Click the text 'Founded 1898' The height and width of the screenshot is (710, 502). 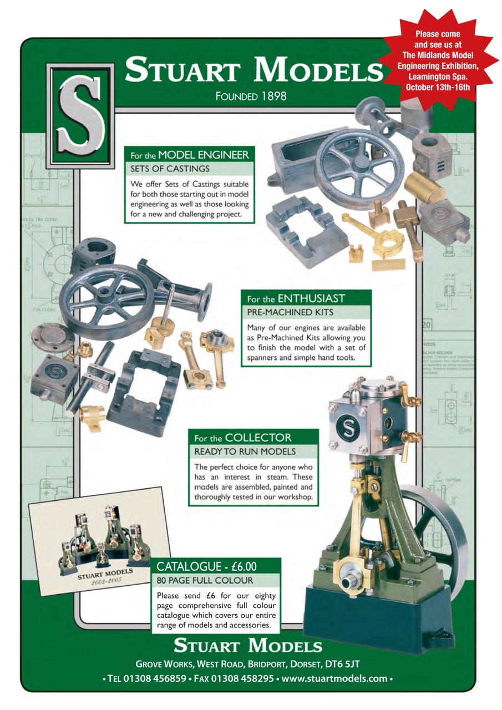tap(251, 96)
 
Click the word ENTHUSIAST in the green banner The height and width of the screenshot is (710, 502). tap(311, 298)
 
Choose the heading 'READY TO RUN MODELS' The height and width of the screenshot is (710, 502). tap(245, 452)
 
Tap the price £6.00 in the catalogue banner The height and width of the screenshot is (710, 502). tap(245, 566)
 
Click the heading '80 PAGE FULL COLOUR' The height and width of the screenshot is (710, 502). tap(205, 580)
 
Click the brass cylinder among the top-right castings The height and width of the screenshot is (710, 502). tap(424, 186)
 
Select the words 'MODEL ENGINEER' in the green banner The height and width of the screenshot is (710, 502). tap(204, 154)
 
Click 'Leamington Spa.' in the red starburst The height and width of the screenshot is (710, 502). tap(438, 77)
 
